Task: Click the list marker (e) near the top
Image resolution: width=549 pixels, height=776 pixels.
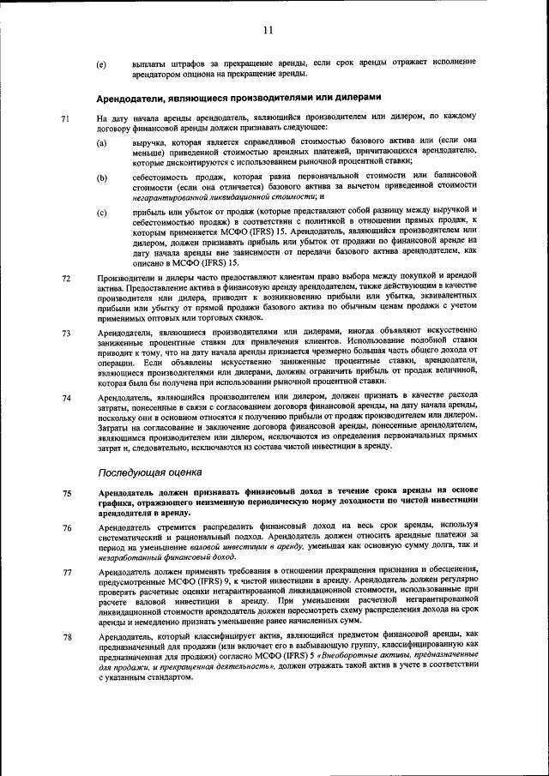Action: click(x=101, y=64)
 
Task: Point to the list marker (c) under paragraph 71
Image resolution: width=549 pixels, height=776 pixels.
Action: click(x=101, y=211)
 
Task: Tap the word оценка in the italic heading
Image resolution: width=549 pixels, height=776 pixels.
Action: click(x=184, y=472)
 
